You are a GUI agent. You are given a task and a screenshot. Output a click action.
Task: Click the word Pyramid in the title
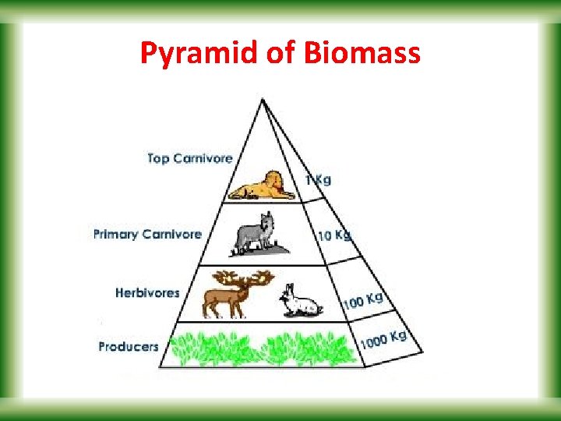pyautogui.click(x=188, y=54)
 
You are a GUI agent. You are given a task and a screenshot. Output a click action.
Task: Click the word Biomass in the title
pyautogui.click(x=363, y=54)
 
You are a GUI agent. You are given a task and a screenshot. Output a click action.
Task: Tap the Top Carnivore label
pyautogui.click(x=190, y=158)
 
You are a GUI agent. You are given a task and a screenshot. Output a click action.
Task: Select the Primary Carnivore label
pyautogui.click(x=147, y=234)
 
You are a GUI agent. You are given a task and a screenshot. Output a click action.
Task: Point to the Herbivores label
pyautogui.click(x=147, y=293)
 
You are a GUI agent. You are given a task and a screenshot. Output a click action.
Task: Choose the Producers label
pyautogui.click(x=129, y=346)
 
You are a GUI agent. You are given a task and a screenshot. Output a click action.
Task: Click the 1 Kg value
pyautogui.click(x=318, y=180)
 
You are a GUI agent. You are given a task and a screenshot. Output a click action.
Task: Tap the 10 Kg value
pyautogui.click(x=333, y=235)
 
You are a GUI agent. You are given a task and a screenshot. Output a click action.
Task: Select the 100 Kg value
pyautogui.click(x=362, y=299)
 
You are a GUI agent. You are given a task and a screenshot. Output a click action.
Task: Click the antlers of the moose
pyautogui.click(x=244, y=278)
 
